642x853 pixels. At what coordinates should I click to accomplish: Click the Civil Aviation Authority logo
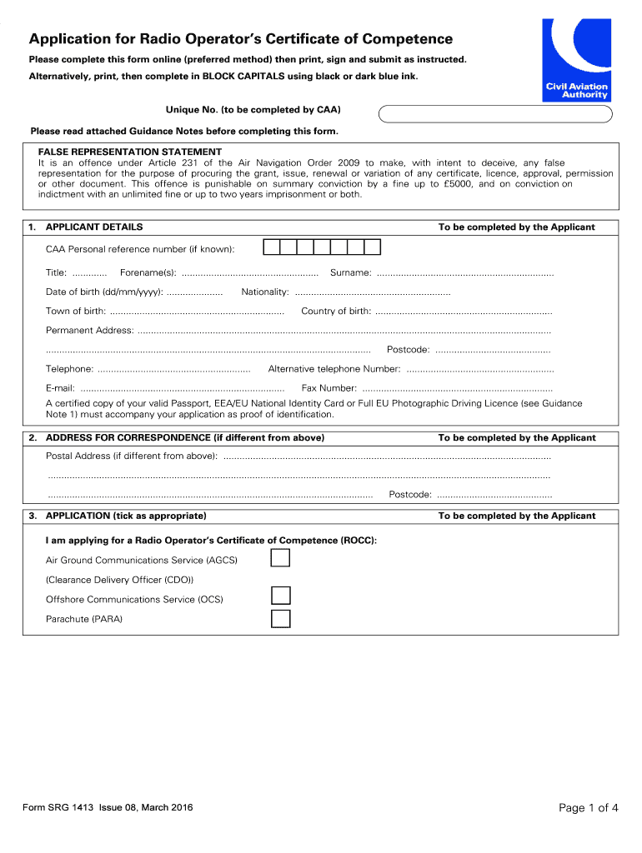point(576,60)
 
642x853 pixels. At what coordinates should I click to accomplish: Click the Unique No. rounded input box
point(498,114)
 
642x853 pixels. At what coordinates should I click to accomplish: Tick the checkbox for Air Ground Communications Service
point(281,557)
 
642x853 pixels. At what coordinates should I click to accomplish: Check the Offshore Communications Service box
point(281,596)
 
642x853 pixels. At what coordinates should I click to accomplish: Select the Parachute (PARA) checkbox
point(281,618)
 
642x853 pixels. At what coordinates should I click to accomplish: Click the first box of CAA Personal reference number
point(272,247)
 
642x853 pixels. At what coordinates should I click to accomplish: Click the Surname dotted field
point(464,273)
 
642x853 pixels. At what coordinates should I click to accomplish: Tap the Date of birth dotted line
point(194,292)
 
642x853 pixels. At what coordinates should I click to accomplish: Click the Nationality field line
point(372,292)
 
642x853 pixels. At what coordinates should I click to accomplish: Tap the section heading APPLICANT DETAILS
point(94,227)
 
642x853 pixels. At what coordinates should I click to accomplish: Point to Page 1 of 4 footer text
point(588,807)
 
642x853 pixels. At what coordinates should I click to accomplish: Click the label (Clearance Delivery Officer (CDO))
point(119,579)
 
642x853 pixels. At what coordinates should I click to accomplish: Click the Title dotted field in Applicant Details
point(89,273)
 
